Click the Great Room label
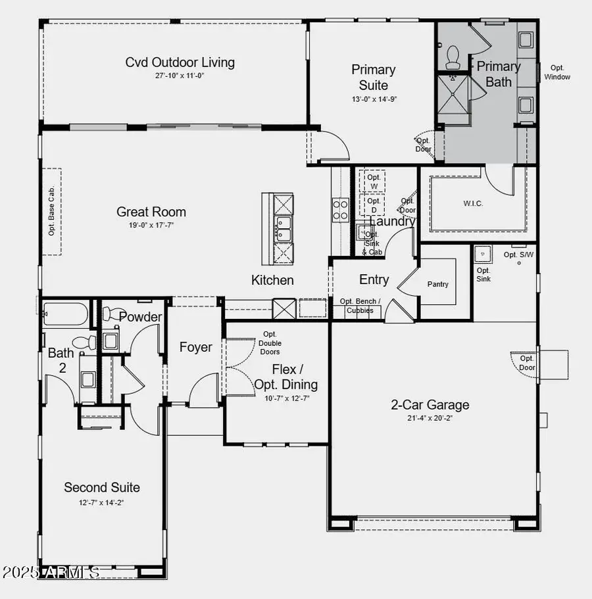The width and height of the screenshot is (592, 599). coord(151,212)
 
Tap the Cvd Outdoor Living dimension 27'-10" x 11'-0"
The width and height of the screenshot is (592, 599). coord(180,76)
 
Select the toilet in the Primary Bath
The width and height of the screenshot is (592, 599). coord(453,57)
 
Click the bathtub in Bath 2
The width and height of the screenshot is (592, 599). coord(64,314)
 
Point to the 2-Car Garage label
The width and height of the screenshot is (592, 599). coord(430,404)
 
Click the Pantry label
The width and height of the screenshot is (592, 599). coord(438,284)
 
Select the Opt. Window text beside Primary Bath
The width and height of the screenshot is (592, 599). coord(557,72)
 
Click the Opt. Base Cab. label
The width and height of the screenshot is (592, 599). coord(51,212)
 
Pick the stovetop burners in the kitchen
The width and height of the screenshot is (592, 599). coord(340,210)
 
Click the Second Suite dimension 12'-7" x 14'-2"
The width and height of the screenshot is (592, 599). coord(101,502)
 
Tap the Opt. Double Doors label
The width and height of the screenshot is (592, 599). coord(270,343)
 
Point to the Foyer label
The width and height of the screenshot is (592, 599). coord(196,347)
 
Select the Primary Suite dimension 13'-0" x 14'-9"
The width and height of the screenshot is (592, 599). coord(373,99)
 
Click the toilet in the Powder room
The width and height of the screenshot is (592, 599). coord(116,315)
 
